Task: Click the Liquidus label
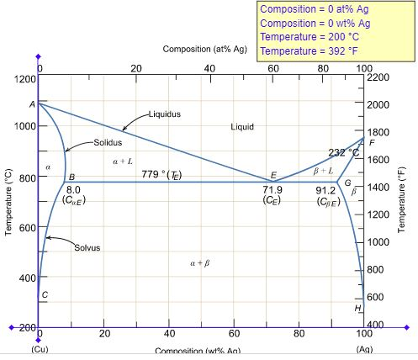click(x=165, y=113)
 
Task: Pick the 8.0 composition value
click(x=73, y=190)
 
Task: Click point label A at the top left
click(x=32, y=104)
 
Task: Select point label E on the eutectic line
click(x=273, y=176)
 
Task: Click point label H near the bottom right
click(x=357, y=309)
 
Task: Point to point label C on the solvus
click(x=45, y=294)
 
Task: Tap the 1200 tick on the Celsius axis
click(x=24, y=78)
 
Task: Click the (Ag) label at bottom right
click(x=363, y=348)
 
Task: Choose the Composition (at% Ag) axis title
click(x=205, y=49)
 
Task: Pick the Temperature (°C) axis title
click(x=8, y=206)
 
